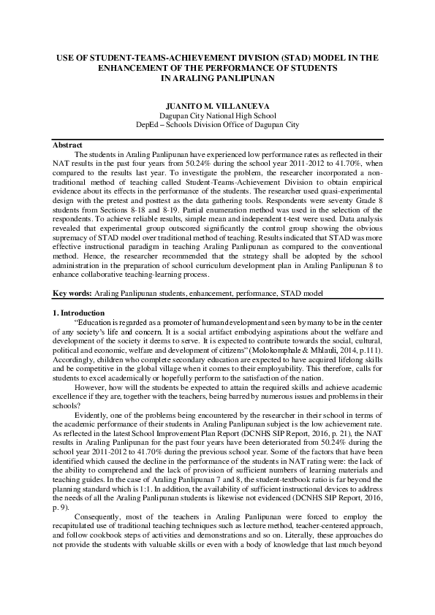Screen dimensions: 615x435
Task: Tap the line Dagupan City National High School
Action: click(x=217, y=115)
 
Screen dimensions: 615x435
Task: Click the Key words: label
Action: click(x=72, y=293)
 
